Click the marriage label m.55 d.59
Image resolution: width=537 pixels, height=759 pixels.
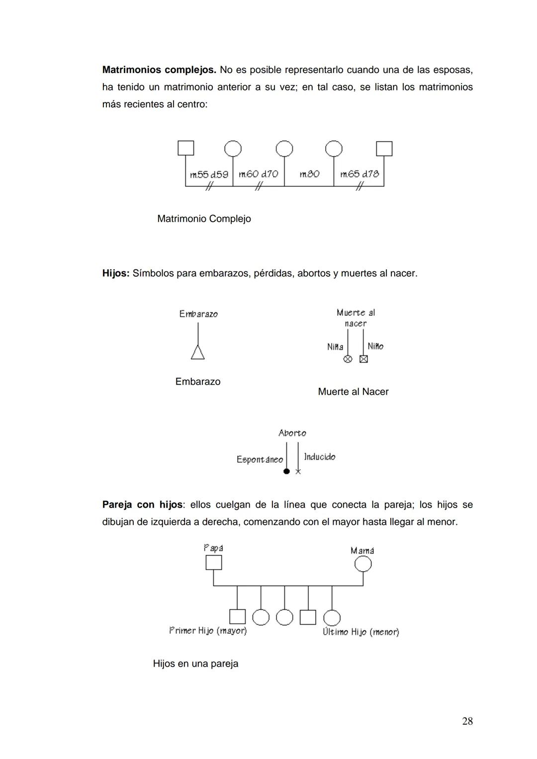tap(209, 174)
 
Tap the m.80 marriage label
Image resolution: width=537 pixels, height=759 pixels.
tap(309, 174)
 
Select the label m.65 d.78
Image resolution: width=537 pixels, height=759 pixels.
tap(359, 174)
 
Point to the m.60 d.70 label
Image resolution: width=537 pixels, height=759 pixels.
tap(258, 174)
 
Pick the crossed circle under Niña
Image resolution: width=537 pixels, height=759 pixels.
tap(348, 359)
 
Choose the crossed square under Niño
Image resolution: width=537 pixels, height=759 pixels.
tap(363, 359)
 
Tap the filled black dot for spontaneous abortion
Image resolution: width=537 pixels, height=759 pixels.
tap(286, 471)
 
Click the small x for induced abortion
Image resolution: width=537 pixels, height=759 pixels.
tap(298, 471)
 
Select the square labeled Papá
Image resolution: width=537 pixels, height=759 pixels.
tap(214, 563)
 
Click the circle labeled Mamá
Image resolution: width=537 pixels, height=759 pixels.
tap(363, 564)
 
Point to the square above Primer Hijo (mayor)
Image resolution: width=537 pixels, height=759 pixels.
tap(237, 617)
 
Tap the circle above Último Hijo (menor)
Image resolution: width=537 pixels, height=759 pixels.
tap(332, 618)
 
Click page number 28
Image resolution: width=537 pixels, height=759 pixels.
tap(467, 721)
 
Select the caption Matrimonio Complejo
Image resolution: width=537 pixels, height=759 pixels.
tap(204, 219)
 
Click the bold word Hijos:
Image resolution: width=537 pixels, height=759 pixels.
tap(116, 273)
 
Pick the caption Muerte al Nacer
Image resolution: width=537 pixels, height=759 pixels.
tap(353, 392)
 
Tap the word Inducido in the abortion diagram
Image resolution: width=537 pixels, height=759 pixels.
tap(320, 457)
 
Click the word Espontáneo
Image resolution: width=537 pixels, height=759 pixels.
tap(260, 460)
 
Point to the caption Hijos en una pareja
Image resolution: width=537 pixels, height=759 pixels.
tap(195, 664)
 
